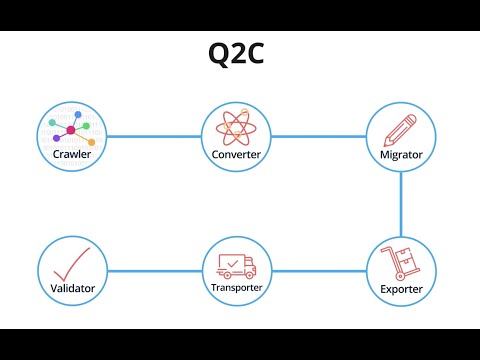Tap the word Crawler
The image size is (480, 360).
coord(72,155)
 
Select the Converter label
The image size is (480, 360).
coord(237,155)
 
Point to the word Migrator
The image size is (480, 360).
coord(401,155)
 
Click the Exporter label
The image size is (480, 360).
coord(401,290)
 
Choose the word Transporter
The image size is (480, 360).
coord(237,288)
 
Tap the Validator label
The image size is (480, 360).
coord(72,289)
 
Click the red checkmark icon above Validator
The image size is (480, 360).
coord(73,262)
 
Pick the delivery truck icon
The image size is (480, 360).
coord(236,265)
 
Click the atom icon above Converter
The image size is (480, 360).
coord(237,129)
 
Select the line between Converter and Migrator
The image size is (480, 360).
coord(319,136)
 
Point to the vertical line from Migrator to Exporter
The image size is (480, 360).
coord(401,204)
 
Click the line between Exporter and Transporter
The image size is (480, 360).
coord(319,270)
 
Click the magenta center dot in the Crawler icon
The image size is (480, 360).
coord(71,131)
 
